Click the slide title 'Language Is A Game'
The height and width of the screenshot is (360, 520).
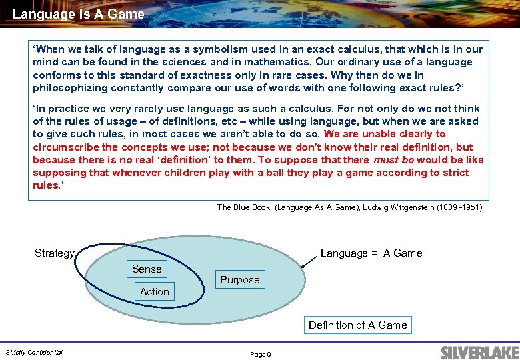tap(78, 13)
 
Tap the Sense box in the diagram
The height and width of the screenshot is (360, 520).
tap(147, 269)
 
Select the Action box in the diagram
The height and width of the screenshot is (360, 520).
tap(155, 291)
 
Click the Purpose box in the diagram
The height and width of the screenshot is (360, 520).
tap(239, 279)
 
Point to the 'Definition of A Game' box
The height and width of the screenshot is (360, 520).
tap(357, 325)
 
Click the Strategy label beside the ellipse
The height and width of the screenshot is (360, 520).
tap(54, 253)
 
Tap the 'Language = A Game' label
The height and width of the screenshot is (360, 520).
tap(371, 253)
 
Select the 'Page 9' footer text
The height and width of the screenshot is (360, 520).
tap(260, 354)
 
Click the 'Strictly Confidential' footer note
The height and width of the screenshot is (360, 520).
tap(34, 352)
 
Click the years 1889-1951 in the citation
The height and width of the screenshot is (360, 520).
tap(460, 207)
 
